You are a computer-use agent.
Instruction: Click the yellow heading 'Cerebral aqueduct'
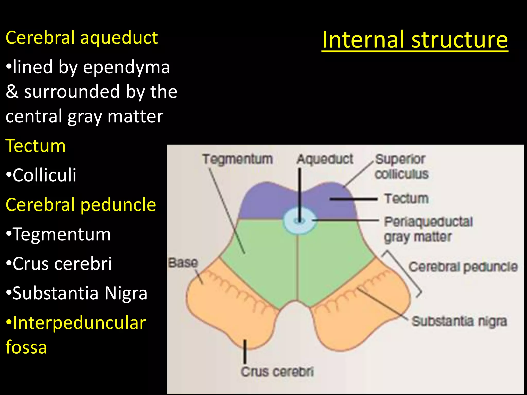pyautogui.click(x=82, y=38)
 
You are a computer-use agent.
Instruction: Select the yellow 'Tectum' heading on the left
pyautogui.click(x=36, y=146)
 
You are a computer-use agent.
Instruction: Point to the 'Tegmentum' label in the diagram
pyautogui.click(x=237, y=159)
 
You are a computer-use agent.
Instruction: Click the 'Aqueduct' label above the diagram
pyautogui.click(x=325, y=159)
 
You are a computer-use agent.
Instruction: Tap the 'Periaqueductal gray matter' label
pyautogui.click(x=428, y=229)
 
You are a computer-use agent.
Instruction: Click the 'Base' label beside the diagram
pyautogui.click(x=183, y=263)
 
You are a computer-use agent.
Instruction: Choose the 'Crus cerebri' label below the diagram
pyautogui.click(x=277, y=372)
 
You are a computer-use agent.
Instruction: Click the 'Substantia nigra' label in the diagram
pyautogui.click(x=459, y=321)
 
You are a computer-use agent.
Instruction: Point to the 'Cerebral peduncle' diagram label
pyautogui.click(x=463, y=267)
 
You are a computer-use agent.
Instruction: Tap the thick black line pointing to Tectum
pyautogui.click(x=354, y=199)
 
